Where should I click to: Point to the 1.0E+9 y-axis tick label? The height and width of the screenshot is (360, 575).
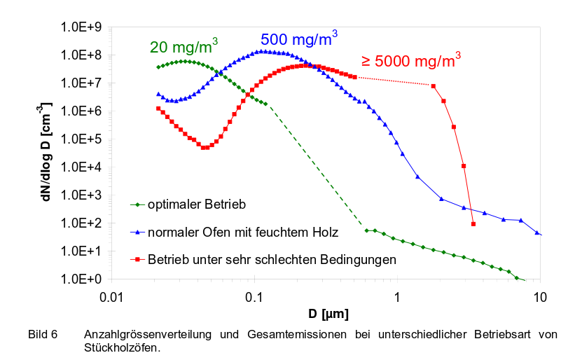tap(83, 27)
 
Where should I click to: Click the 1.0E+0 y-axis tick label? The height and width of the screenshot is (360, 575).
tap(83, 279)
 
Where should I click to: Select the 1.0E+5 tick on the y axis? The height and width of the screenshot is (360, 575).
tap(83, 139)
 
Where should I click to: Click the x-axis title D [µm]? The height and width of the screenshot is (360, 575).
tap(325, 311)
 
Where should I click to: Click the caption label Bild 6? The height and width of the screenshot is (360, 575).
tap(43, 333)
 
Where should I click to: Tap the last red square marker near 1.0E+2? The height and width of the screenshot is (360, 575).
tap(474, 224)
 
